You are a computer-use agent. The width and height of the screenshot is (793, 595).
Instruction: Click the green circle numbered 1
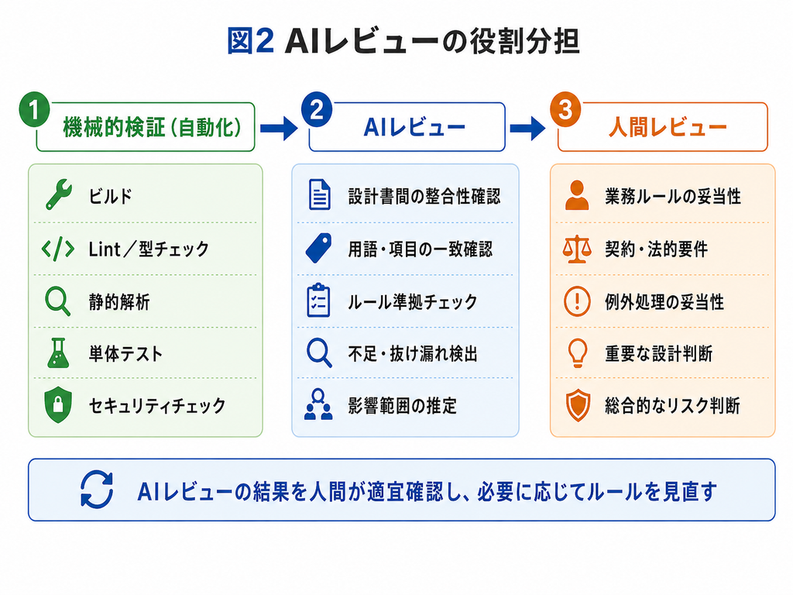(34, 109)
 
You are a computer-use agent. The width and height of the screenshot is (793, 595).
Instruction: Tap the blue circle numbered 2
(317, 109)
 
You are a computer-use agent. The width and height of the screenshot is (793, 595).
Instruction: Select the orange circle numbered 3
(565, 109)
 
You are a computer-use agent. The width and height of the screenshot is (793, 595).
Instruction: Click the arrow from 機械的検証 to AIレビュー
(279, 128)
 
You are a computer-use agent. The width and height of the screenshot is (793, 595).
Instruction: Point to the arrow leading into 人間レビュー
(527, 128)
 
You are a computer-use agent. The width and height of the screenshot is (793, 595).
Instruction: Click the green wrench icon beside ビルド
(59, 194)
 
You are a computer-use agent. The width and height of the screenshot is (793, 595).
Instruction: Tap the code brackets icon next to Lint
(58, 249)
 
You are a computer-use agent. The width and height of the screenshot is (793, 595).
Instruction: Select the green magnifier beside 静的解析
(57, 301)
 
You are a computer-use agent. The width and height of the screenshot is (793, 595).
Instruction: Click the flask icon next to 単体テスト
(58, 353)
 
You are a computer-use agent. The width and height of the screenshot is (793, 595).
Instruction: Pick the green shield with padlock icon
(58, 404)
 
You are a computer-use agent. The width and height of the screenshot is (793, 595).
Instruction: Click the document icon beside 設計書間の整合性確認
(319, 194)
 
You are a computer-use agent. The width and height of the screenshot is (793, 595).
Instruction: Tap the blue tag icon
(318, 248)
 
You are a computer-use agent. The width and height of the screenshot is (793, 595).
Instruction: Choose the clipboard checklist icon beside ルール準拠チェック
(318, 301)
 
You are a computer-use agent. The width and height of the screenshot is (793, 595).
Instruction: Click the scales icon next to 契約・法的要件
(577, 249)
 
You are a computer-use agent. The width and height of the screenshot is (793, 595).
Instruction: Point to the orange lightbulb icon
(578, 353)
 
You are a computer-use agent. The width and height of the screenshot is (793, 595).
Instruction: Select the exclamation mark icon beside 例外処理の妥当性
(577, 301)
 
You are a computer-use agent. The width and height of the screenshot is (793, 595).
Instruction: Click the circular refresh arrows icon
(97, 490)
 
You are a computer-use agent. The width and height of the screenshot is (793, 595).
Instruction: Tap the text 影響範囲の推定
(403, 405)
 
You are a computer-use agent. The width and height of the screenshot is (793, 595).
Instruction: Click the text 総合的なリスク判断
(673, 405)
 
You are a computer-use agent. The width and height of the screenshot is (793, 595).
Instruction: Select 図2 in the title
(251, 41)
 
